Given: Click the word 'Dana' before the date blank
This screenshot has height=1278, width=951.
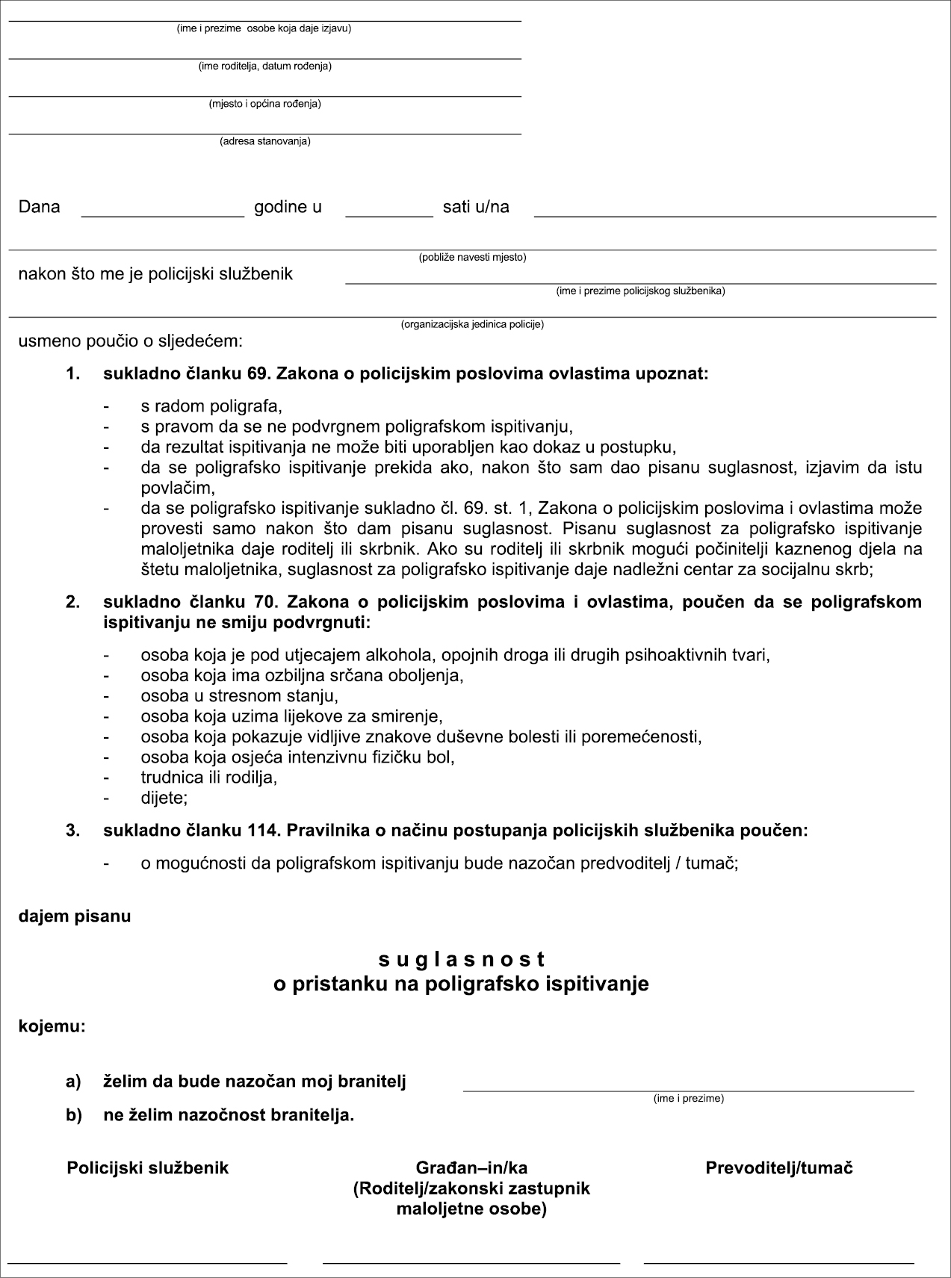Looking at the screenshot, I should pos(39,207).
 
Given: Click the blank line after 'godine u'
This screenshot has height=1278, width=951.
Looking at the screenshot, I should pos(388,215).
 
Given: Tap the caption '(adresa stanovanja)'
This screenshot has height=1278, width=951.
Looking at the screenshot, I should pos(264,141).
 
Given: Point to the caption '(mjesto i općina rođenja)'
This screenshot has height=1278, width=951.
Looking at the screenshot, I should pos(264,104).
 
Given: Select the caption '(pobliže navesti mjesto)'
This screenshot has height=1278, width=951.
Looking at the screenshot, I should pos(472,258).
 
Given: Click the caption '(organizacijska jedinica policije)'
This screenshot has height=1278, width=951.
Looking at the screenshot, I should pos(472,325).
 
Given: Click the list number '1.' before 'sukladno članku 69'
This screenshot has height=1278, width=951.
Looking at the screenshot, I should pos(72,374).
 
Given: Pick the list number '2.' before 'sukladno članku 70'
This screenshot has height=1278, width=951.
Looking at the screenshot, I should pos(72,602).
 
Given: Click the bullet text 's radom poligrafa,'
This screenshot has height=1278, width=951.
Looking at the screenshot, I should pos(211,407).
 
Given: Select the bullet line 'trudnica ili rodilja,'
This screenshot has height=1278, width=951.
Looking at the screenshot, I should pos(209,777).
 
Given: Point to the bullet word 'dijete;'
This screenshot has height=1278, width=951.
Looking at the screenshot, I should pos(164,798).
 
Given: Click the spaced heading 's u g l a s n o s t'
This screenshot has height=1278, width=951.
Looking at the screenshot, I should pos(461,959).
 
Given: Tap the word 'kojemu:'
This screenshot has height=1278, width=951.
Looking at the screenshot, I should pos(52,1027).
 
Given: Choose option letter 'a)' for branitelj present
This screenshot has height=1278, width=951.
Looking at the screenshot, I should pos(72,1082).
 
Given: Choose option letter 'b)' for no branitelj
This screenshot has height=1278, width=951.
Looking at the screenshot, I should pos(72,1115).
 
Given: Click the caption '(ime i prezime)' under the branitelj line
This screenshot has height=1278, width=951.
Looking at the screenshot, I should pos(688,1099).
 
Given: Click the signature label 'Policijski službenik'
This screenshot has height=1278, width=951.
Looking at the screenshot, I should pos(148,1168).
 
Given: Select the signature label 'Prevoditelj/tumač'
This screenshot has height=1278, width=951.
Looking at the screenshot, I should pos(779,1168).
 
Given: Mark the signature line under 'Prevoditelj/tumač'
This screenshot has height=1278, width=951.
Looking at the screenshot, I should pos(779,1263).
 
